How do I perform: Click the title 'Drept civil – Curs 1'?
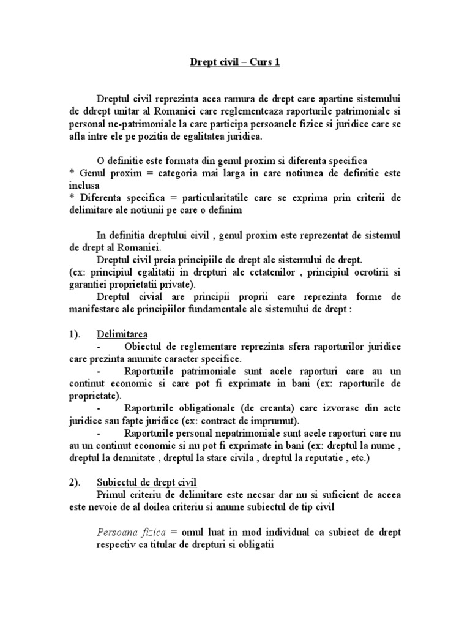pyautogui.click(x=234, y=62)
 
